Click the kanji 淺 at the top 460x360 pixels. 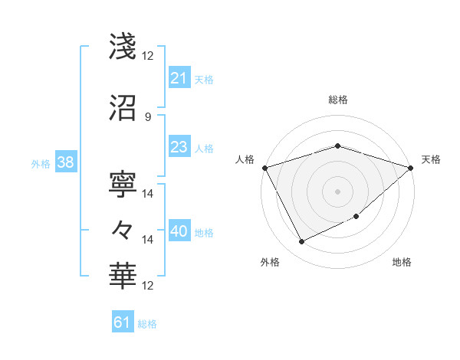click(123, 47)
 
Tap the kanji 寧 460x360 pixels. click(123, 184)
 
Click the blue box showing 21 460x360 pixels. click(179, 77)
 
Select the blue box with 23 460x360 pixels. click(179, 147)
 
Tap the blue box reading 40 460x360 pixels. click(179, 232)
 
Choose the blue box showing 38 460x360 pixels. click(65, 163)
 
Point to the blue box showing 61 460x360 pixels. click(123, 322)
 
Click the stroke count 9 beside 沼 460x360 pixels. click(147, 116)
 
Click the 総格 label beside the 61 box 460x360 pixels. click(148, 324)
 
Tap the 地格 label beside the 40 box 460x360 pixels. click(204, 233)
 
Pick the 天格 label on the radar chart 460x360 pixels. click(432, 159)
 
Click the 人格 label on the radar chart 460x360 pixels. click(245, 159)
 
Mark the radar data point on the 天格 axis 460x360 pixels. click(412, 167)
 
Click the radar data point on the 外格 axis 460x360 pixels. click(301, 242)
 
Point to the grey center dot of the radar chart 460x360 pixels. click(337, 191)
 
